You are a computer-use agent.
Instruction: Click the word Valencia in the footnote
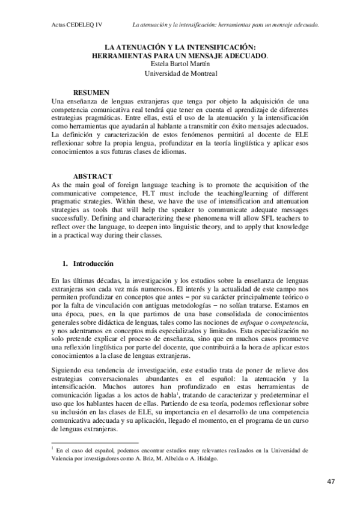point(63,457)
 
